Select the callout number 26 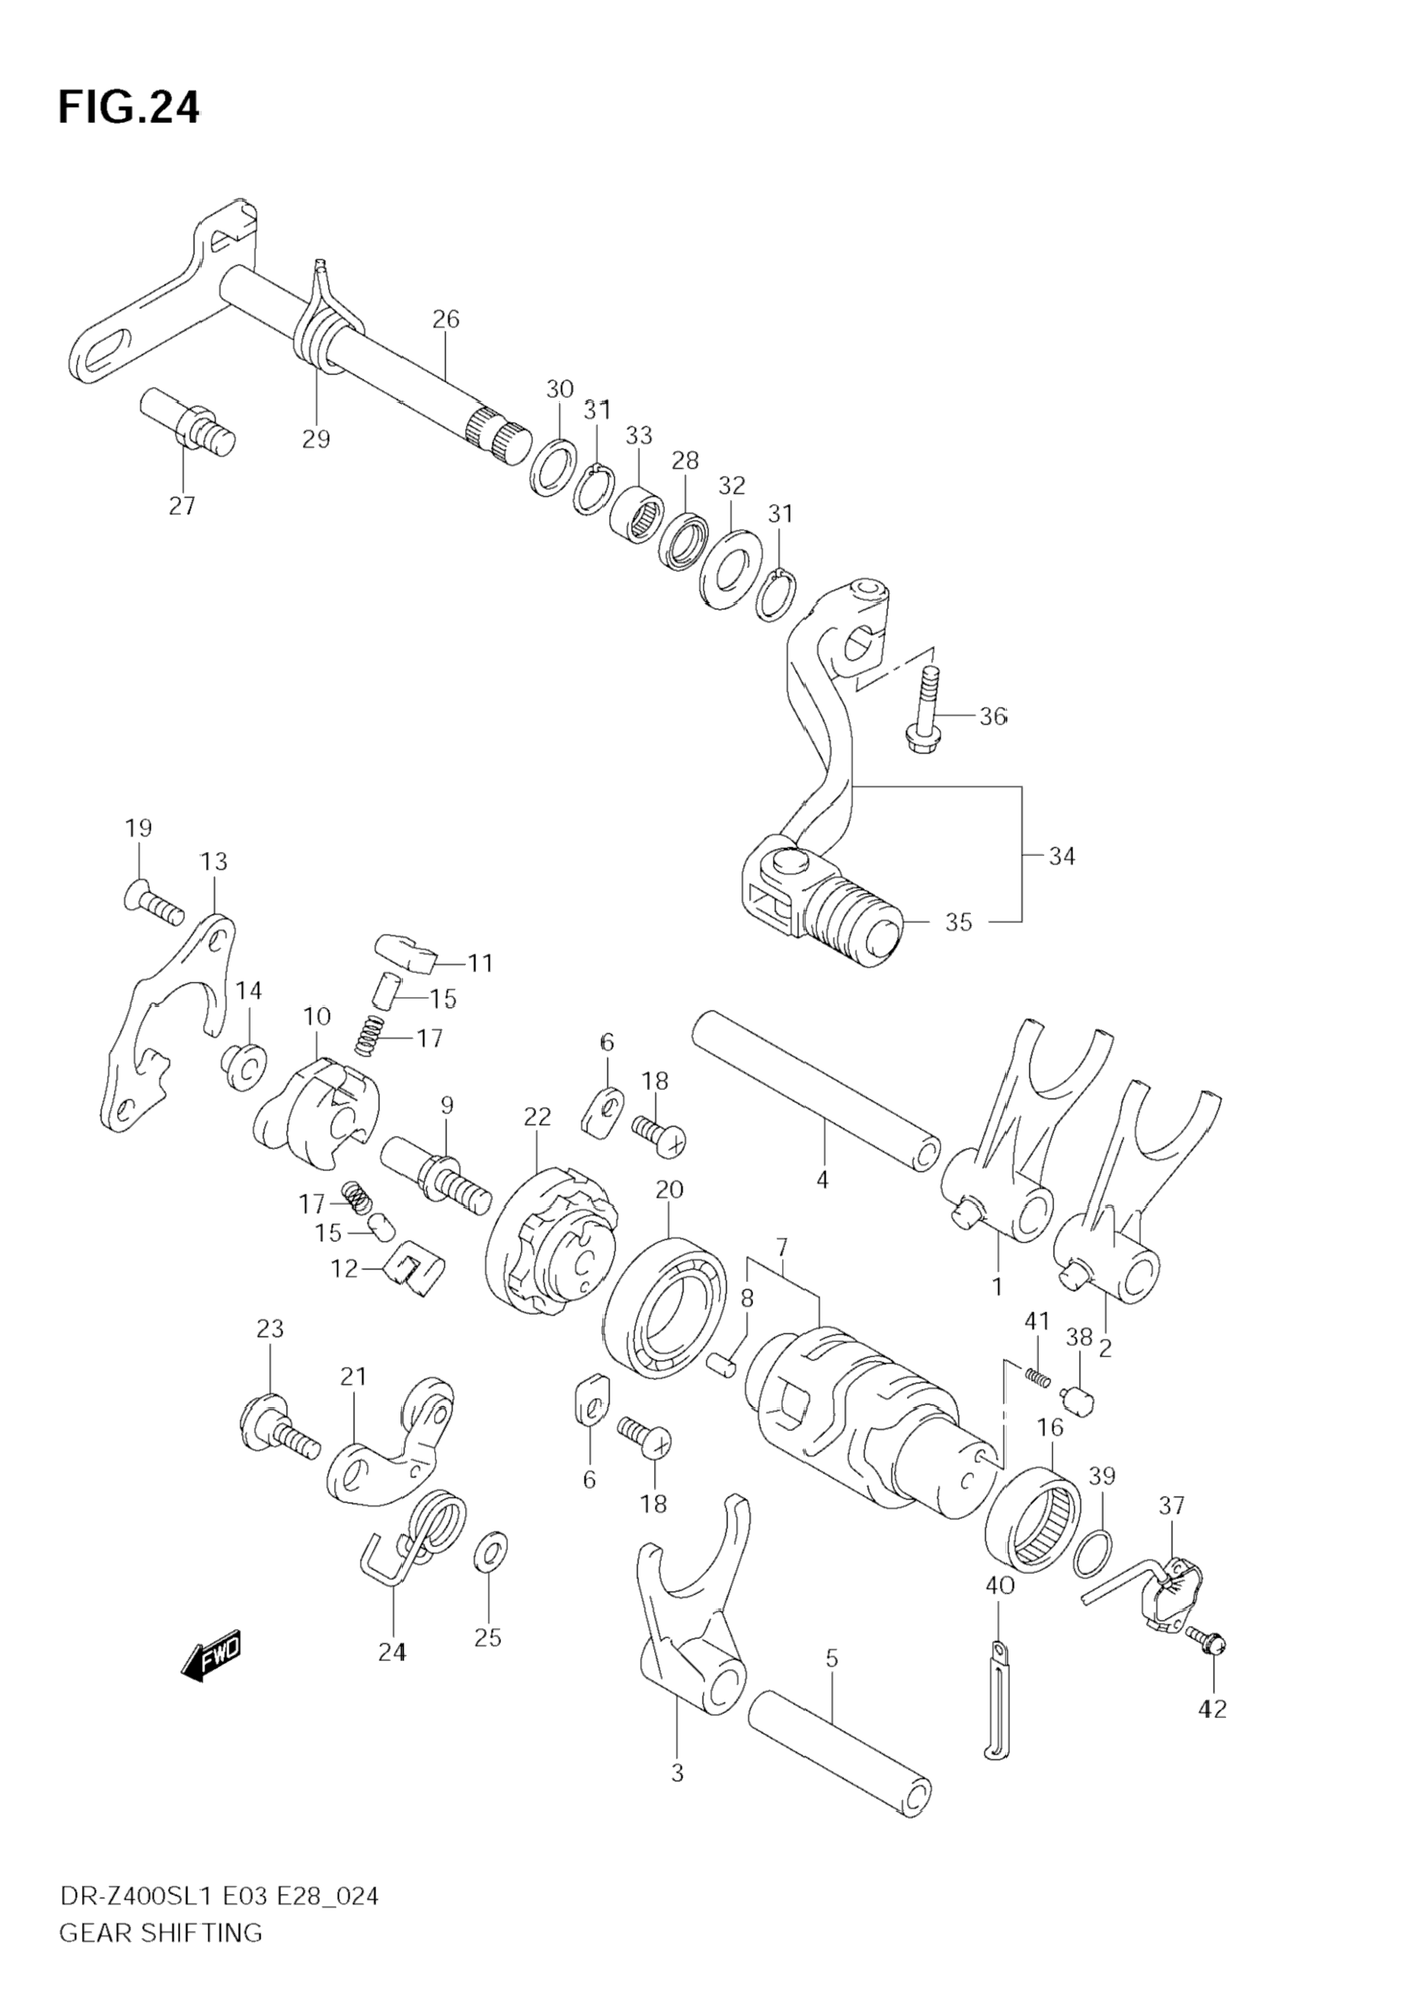click(x=446, y=319)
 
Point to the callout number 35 click(x=958, y=922)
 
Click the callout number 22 click(x=537, y=1116)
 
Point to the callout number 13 click(x=213, y=861)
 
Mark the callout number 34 click(x=1062, y=856)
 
